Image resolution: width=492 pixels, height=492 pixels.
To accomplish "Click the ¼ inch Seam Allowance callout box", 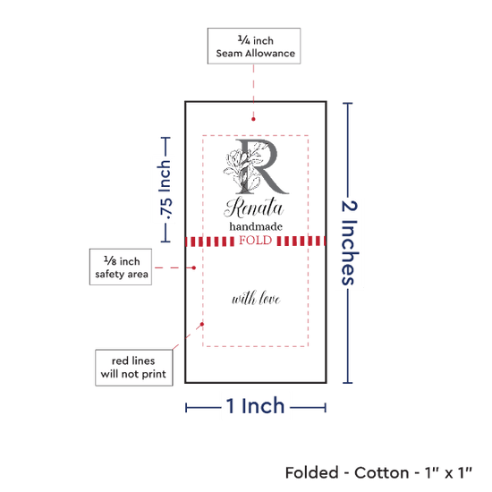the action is (254, 47).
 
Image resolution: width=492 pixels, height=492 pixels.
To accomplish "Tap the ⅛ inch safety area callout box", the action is (121, 267).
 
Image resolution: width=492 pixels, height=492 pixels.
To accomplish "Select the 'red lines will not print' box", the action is (134, 368).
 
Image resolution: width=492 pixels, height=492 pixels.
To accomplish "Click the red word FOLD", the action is (256, 241).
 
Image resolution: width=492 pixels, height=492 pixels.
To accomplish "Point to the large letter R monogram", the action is (262, 166).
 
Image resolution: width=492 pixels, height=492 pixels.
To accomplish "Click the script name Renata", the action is (254, 208).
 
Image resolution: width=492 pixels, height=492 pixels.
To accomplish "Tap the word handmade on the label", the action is (256, 226).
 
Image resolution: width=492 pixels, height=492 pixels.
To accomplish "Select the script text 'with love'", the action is (256, 298).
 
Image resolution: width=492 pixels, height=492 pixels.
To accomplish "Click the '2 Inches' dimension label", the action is (349, 242).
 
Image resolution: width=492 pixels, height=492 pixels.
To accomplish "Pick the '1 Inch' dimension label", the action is (255, 406).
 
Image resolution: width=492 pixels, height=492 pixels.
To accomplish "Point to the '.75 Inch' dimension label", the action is (165, 190).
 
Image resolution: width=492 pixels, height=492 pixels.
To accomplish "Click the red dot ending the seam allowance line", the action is (253, 119).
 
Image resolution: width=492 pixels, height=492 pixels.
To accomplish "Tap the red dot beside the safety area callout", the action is (194, 267).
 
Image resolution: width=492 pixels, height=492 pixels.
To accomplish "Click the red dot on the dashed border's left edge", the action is (202, 324).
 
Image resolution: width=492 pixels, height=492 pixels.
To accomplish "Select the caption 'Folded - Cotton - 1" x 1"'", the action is (378, 472).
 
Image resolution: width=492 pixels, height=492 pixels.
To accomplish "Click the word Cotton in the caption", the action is (382, 472).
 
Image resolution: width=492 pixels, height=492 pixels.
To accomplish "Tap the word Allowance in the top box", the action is (270, 54).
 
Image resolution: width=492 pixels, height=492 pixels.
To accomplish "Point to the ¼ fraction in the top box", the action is (244, 40).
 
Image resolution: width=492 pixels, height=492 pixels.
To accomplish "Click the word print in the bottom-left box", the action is (154, 374).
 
